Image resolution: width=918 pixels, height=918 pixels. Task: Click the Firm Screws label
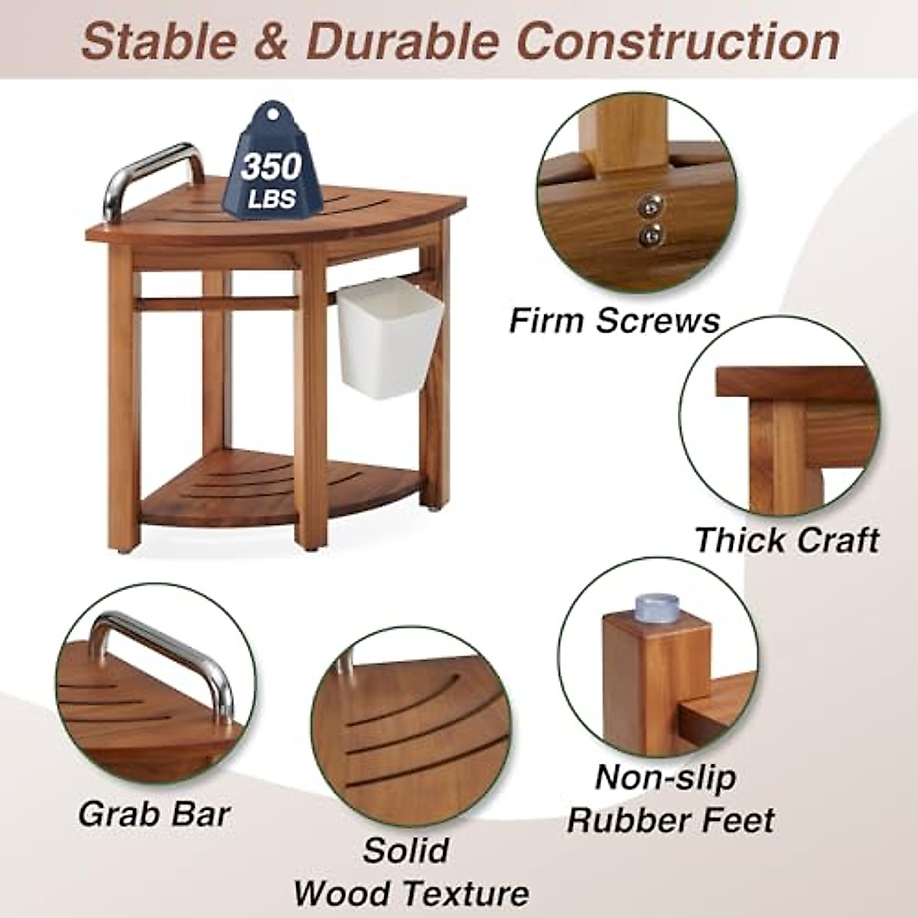click(x=614, y=320)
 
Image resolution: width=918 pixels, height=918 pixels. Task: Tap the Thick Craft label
click(x=786, y=540)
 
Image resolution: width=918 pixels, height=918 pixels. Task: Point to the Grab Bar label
click(x=154, y=813)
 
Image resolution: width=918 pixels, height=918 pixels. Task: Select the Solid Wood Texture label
click(x=411, y=871)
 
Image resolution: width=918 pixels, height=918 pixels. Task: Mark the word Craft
click(x=835, y=540)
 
